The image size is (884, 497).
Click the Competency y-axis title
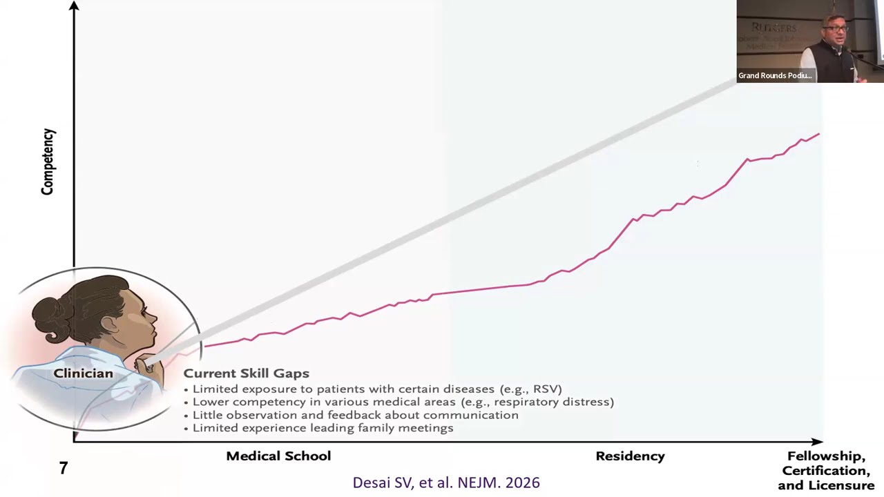tap(48, 162)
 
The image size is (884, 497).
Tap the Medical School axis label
tap(278, 456)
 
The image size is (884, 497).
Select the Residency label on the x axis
tap(630, 456)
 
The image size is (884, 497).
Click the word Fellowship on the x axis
tap(826, 456)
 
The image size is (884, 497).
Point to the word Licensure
tap(841, 485)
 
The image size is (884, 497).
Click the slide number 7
tap(64, 469)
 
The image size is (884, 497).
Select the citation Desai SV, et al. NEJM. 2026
tap(446, 483)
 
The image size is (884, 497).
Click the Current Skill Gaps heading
tap(246, 373)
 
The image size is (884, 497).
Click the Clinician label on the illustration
tap(83, 373)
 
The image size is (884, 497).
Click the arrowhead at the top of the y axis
tap(74, 6)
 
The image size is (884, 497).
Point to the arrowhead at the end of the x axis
tap(818, 441)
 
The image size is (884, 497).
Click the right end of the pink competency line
tap(819, 134)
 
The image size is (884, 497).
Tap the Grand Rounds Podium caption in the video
tap(775, 76)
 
